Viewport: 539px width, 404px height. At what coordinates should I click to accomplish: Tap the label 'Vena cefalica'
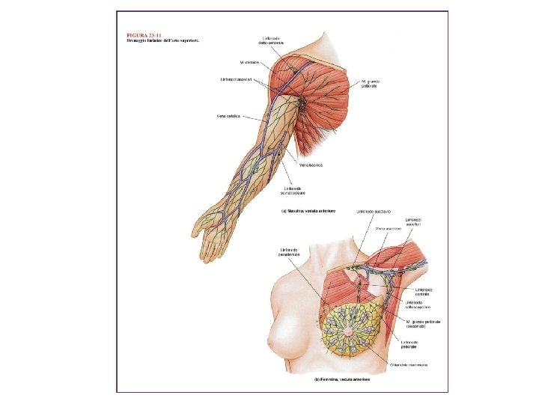(x=228, y=116)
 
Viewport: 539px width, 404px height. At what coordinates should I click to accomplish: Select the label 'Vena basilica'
(x=311, y=165)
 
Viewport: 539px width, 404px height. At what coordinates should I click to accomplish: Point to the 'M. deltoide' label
(x=249, y=62)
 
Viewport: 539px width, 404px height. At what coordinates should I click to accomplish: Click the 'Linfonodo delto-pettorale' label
(x=272, y=40)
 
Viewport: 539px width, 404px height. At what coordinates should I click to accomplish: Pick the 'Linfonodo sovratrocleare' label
(x=293, y=190)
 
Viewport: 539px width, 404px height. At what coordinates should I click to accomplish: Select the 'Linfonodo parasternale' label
(x=289, y=251)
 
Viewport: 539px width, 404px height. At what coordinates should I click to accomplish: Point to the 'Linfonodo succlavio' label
(x=372, y=211)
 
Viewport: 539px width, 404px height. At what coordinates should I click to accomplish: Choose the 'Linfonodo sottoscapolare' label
(x=419, y=305)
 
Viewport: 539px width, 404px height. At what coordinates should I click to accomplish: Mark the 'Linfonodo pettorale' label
(x=409, y=344)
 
